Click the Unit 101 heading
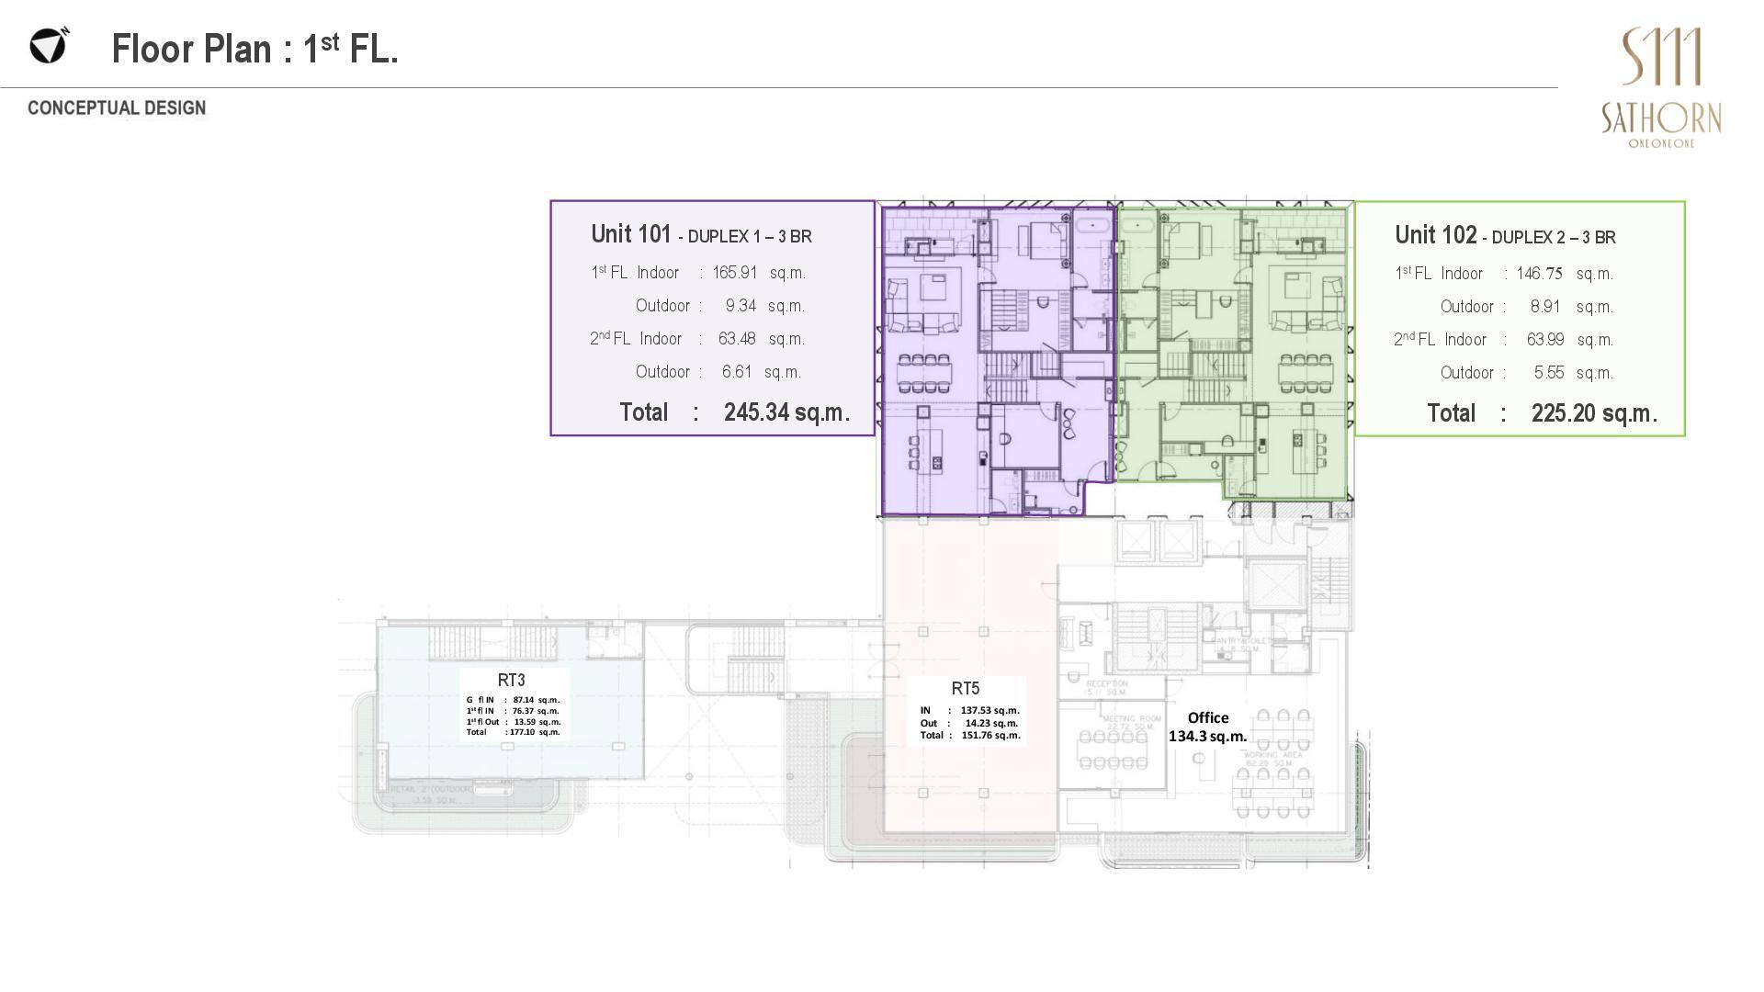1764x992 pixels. (x=631, y=234)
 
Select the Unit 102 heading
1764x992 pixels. (x=1435, y=235)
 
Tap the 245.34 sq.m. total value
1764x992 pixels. (x=786, y=412)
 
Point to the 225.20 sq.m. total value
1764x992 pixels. (x=1593, y=413)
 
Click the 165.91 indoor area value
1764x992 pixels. (x=735, y=273)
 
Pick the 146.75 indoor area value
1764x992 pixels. (x=1539, y=274)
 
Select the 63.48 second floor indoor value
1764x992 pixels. (x=737, y=339)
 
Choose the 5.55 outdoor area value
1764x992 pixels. (x=1548, y=373)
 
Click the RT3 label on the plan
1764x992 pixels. (x=511, y=680)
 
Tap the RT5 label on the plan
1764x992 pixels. (x=965, y=688)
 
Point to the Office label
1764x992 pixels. (x=1207, y=717)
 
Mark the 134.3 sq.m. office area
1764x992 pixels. (x=1207, y=736)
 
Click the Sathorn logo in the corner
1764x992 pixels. (x=1661, y=87)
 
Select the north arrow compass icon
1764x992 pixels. (x=49, y=45)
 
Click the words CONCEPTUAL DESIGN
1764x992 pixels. (x=117, y=108)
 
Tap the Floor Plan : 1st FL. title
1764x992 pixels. (x=254, y=49)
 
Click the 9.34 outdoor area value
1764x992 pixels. (x=741, y=306)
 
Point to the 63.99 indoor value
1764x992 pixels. (x=1545, y=340)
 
